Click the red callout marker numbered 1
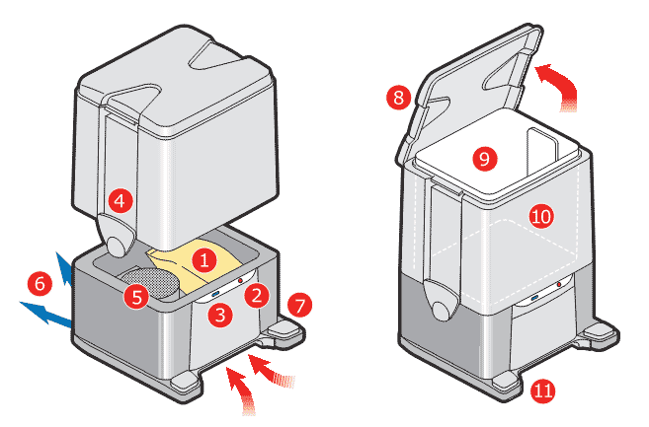pyautogui.click(x=203, y=261)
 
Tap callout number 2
pyautogui.click(x=256, y=294)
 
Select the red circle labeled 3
pyautogui.click(x=222, y=316)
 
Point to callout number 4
pyautogui.click(x=120, y=201)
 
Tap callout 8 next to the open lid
pyautogui.click(x=399, y=98)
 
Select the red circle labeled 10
pyautogui.click(x=540, y=216)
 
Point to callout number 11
pyautogui.click(x=542, y=390)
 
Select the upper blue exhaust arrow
pyautogui.click(x=64, y=269)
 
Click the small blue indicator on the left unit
pyautogui.click(x=213, y=294)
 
